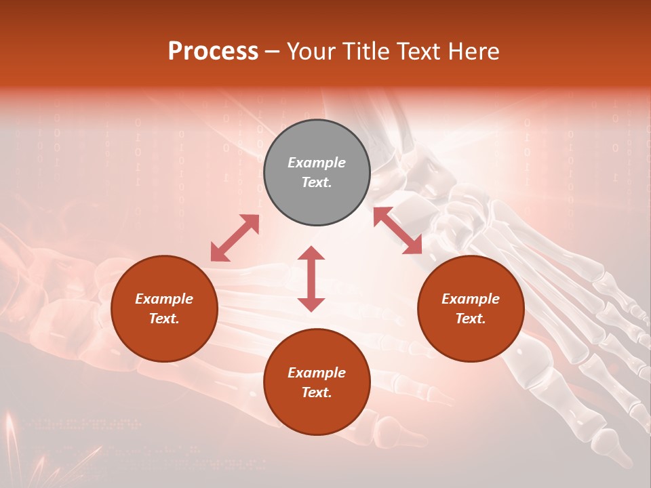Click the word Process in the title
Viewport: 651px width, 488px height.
(x=213, y=52)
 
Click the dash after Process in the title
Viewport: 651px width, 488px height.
(x=273, y=53)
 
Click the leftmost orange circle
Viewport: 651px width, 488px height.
(x=164, y=308)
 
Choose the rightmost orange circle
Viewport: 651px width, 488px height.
(x=471, y=308)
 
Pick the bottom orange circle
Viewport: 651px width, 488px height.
(x=317, y=382)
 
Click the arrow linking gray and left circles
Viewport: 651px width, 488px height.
(x=235, y=238)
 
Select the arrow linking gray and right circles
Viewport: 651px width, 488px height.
(x=397, y=230)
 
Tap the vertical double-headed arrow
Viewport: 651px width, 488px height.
(x=311, y=279)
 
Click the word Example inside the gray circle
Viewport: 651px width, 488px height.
(x=317, y=163)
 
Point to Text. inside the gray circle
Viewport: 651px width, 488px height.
(x=317, y=182)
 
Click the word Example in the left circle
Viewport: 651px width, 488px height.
(x=164, y=299)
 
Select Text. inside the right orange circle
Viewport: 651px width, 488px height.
(x=471, y=319)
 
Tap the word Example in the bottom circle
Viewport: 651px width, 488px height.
(x=317, y=373)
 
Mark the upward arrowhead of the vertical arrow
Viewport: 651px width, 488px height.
(x=311, y=253)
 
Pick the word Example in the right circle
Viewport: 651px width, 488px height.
(x=471, y=299)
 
